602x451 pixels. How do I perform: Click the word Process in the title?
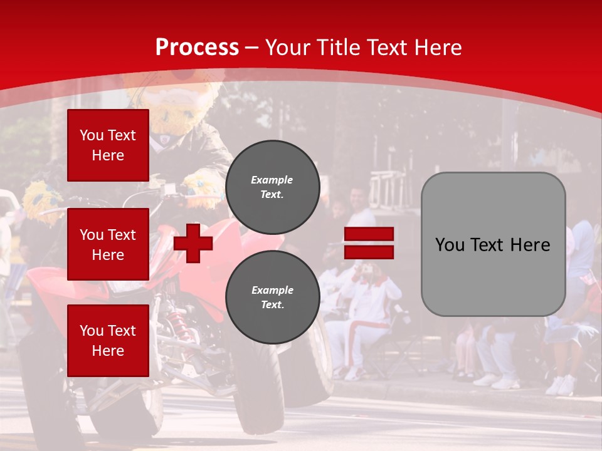click(x=197, y=47)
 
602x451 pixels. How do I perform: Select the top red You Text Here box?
click(x=108, y=145)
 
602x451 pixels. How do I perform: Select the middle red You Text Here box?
click(x=108, y=244)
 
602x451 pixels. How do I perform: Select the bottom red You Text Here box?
click(x=108, y=340)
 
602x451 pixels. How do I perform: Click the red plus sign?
click(x=193, y=244)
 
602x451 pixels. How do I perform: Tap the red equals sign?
click(x=369, y=244)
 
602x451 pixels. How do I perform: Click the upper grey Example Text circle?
click(x=272, y=187)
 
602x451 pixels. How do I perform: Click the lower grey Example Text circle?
click(x=272, y=298)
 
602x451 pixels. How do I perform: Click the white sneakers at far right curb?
click(x=560, y=385)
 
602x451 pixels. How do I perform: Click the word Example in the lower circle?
click(x=272, y=290)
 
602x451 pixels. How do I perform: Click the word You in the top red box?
click(x=91, y=135)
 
